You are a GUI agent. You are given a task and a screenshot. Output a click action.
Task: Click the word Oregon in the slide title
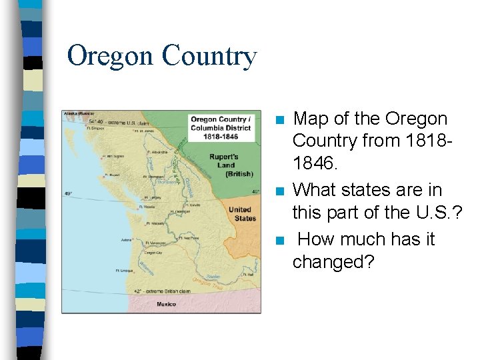[x=110, y=57]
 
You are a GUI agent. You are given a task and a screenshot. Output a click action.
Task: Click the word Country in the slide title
[x=208, y=57]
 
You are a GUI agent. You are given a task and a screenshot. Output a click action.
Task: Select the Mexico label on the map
[x=166, y=304]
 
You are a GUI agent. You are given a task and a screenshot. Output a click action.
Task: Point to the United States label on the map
[x=241, y=214]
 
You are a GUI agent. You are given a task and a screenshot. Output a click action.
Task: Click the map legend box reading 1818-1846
[x=221, y=127]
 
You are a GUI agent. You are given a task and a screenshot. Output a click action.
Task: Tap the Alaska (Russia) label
[x=79, y=114]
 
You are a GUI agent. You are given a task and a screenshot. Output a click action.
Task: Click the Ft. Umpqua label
[x=124, y=271]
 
